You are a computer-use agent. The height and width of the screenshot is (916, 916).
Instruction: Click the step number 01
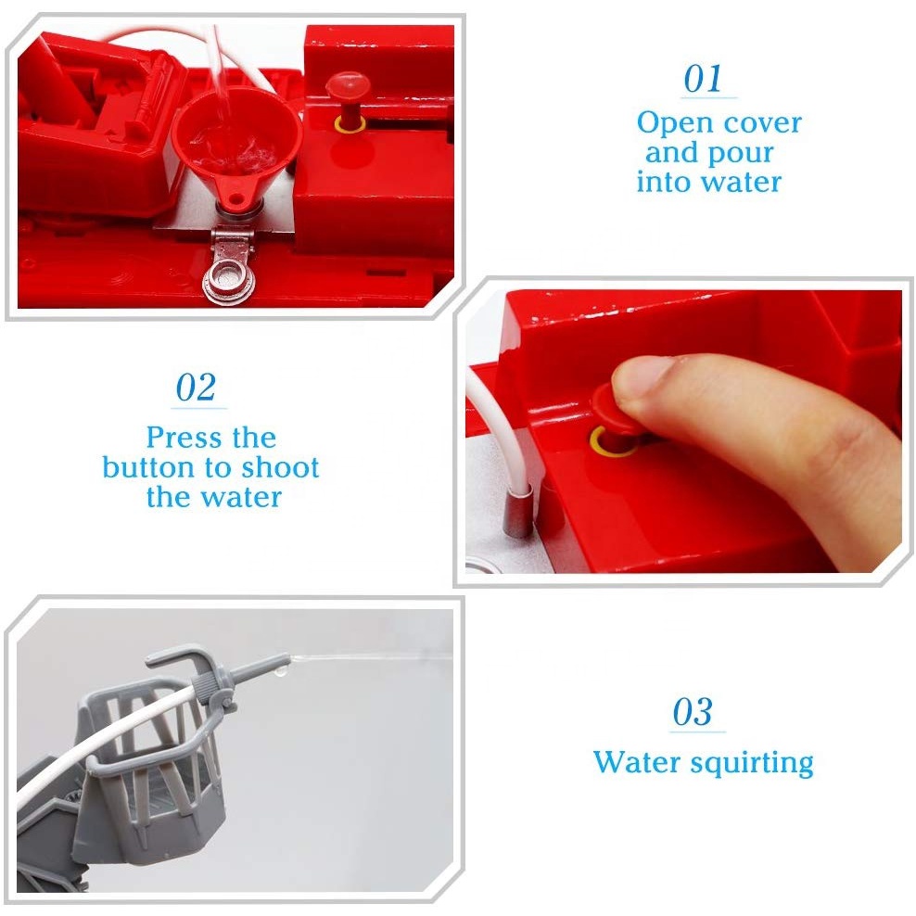click(x=703, y=79)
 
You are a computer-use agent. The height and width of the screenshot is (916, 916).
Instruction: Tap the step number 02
click(x=196, y=388)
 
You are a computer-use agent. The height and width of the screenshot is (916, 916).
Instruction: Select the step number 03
click(x=693, y=711)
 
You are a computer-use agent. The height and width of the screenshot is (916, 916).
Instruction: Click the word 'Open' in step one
click(x=675, y=124)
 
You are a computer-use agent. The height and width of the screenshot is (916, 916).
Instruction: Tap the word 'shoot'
click(x=280, y=467)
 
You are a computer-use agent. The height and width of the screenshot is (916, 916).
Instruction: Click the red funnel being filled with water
click(x=235, y=146)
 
